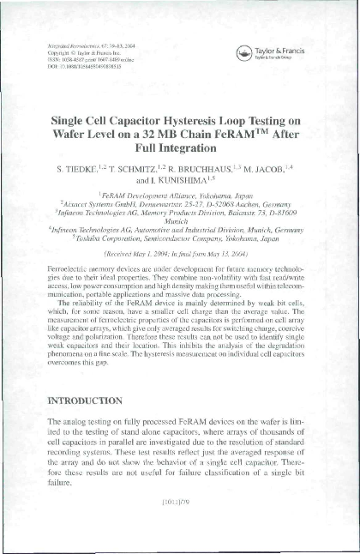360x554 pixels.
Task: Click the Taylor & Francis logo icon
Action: (246, 52)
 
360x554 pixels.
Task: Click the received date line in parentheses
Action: (179, 255)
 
